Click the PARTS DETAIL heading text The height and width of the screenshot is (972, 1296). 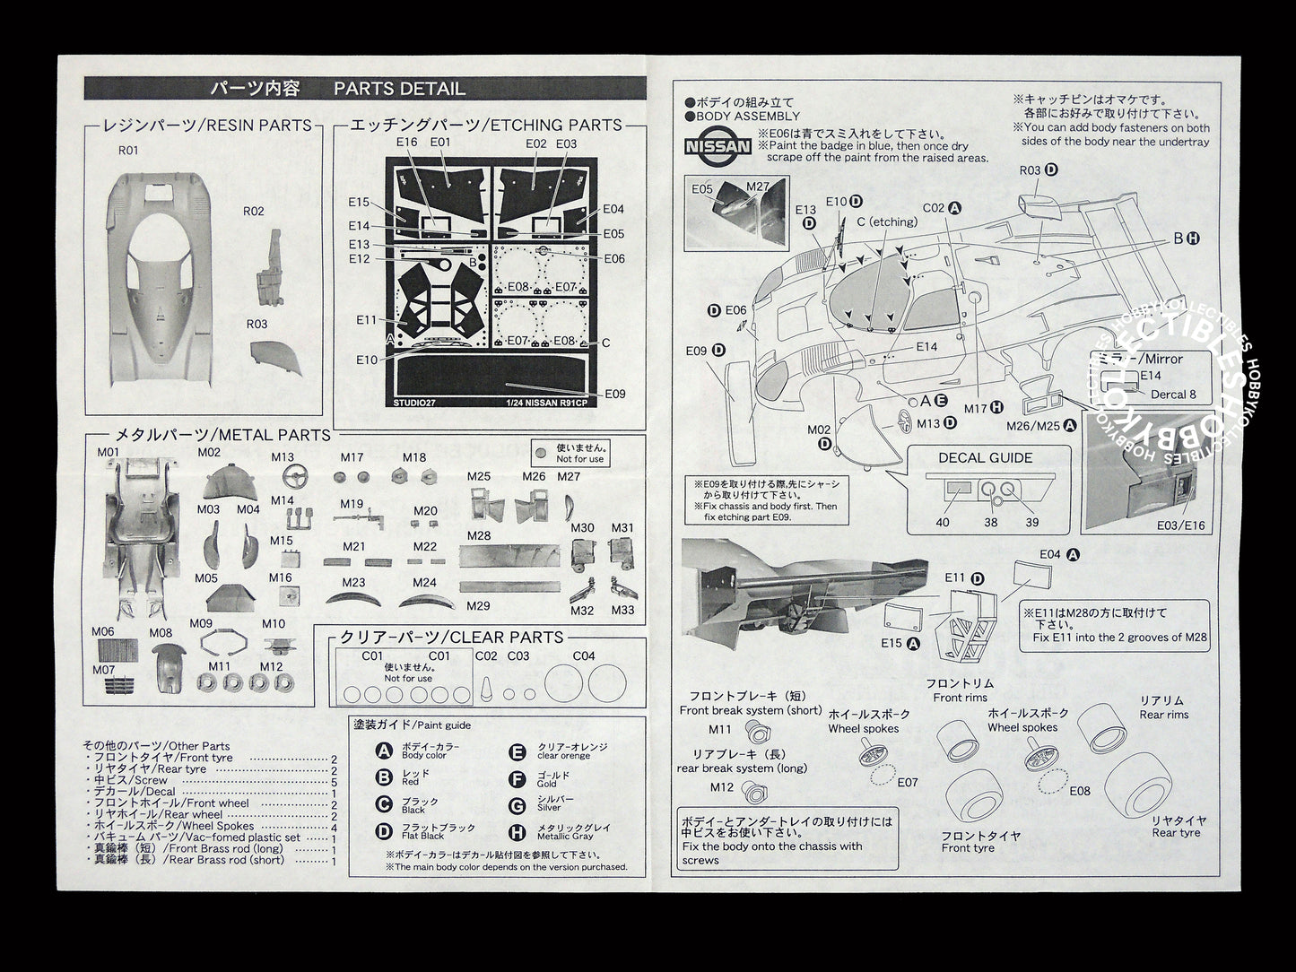[399, 89]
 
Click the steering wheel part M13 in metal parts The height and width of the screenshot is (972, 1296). [283, 474]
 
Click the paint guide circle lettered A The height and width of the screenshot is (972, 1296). [384, 751]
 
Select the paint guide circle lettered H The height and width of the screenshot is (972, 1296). [517, 832]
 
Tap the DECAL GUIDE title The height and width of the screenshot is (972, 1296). [985, 457]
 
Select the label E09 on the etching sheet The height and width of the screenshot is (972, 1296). [615, 394]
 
